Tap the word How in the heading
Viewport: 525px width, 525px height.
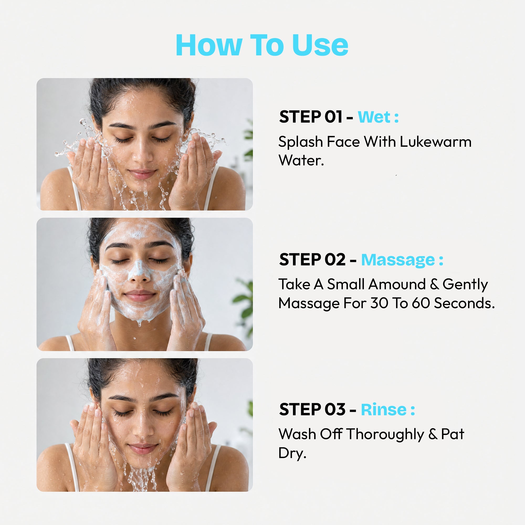[x=209, y=45]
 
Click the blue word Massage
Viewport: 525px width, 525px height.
[x=398, y=260]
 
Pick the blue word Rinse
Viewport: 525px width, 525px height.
[x=384, y=409]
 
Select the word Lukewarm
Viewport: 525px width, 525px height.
[x=435, y=142]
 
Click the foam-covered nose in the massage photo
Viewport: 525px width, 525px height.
[x=139, y=272]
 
